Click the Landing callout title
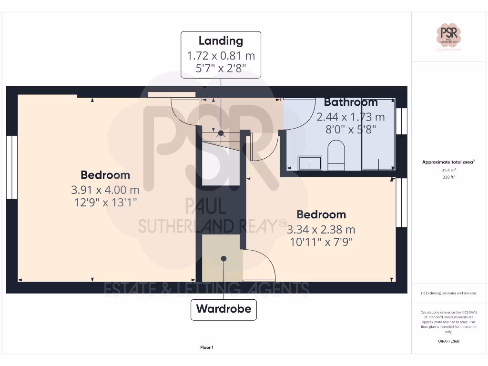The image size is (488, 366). [221, 41]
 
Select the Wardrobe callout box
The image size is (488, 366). [224, 309]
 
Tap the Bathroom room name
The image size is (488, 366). [351, 102]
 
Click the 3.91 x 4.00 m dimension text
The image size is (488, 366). [105, 190]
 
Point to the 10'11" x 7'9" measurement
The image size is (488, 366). [321, 242]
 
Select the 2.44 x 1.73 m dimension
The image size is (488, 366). [351, 117]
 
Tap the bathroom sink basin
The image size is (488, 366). [309, 163]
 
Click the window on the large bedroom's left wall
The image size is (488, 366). [11, 167]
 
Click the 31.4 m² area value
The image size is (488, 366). [448, 170]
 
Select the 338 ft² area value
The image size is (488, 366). [448, 176]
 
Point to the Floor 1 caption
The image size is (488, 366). [207, 348]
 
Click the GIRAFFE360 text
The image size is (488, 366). [448, 341]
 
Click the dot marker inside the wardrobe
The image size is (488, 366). [224, 258]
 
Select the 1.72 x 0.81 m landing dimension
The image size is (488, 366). [221, 56]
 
